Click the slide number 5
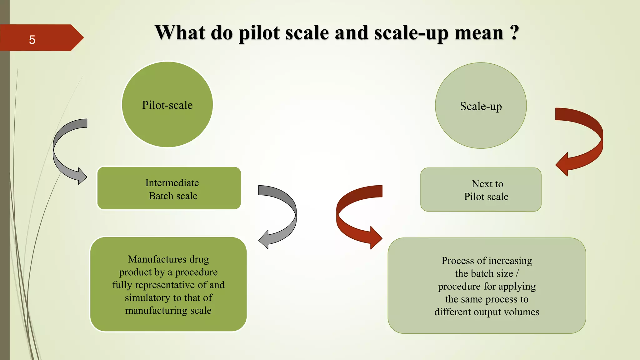tap(32, 40)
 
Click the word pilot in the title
tap(259, 33)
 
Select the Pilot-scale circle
tap(167, 104)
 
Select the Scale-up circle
tap(481, 106)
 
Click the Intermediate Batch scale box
tap(169, 188)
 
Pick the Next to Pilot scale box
tap(481, 190)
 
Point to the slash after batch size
tap(517, 273)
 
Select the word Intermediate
tap(172, 183)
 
